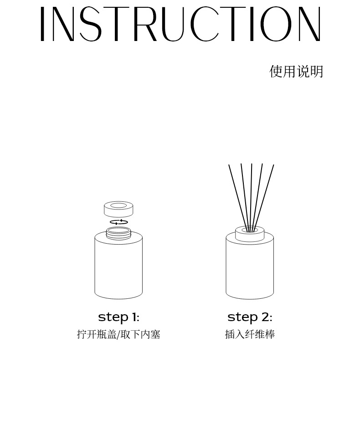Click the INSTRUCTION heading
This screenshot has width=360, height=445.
point(180,25)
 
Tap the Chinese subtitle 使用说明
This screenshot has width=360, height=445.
point(296,72)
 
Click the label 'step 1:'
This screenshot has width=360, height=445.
point(118,317)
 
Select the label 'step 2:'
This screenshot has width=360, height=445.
point(250,317)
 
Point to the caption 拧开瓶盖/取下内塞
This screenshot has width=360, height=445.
point(118,335)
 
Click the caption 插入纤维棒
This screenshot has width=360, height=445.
point(250,335)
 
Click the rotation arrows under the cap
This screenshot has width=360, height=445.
point(118,222)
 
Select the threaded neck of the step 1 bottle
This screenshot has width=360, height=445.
point(118,234)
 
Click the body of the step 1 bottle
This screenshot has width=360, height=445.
point(118,269)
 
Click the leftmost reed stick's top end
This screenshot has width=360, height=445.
point(229,166)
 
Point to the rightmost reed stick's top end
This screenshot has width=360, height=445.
point(273,166)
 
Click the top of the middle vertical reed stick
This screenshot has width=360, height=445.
point(252,165)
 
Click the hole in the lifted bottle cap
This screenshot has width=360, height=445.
point(118,205)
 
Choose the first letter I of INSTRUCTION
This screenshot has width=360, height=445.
point(42,25)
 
